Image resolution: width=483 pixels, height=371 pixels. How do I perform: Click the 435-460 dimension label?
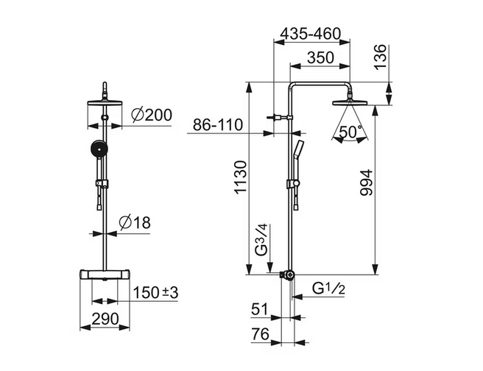pyautogui.click(x=311, y=34)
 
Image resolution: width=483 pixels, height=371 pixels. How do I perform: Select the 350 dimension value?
pyautogui.click(x=321, y=57)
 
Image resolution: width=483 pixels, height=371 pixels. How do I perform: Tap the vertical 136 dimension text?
pyautogui.click(x=381, y=57)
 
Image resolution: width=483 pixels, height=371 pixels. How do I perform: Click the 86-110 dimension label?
pyautogui.click(x=218, y=125)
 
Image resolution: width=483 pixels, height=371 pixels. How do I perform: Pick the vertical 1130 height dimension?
pyautogui.click(x=241, y=177)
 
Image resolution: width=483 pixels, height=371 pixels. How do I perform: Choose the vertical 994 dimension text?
pyautogui.click(x=367, y=183)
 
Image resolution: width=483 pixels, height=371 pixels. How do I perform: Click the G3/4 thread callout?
pyautogui.click(x=263, y=240)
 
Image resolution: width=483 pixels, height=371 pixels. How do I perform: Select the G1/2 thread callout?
pyautogui.click(x=328, y=289)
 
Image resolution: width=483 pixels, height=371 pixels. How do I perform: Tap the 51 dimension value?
pyautogui.click(x=261, y=309)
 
